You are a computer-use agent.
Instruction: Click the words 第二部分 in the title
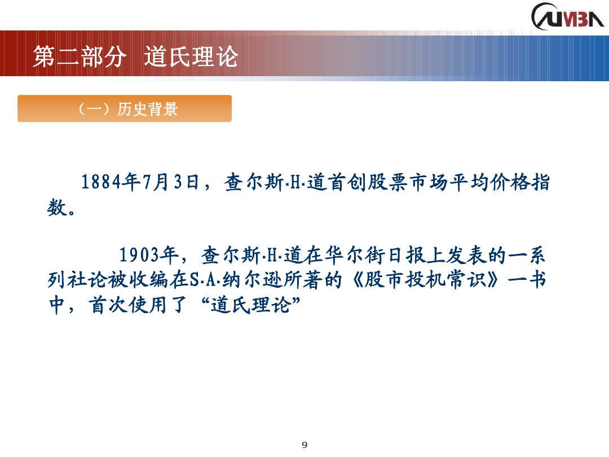[78, 57]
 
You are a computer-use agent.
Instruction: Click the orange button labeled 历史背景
[125, 109]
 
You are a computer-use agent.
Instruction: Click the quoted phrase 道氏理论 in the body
[254, 306]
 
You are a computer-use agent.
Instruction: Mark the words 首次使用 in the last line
[130, 306]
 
